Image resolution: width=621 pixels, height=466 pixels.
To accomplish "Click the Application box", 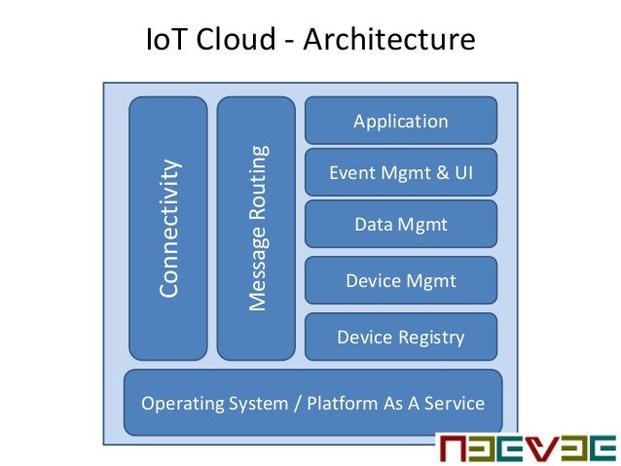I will (x=401, y=122).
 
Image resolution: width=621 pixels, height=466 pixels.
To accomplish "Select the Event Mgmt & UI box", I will (x=401, y=173).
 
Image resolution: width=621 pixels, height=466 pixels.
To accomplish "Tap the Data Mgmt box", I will (x=401, y=225).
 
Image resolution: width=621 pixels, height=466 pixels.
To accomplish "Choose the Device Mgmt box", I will (x=401, y=281).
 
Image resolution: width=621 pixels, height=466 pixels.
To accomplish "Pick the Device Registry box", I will (x=401, y=338).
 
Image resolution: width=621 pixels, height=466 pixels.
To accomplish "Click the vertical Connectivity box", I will (x=168, y=228).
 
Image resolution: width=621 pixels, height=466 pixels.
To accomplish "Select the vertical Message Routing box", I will (x=256, y=228).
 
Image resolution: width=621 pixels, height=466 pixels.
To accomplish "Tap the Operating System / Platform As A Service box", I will (x=312, y=402).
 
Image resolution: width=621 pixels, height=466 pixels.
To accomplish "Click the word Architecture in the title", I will (x=394, y=41).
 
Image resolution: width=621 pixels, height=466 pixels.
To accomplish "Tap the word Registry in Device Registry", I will (x=432, y=338).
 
